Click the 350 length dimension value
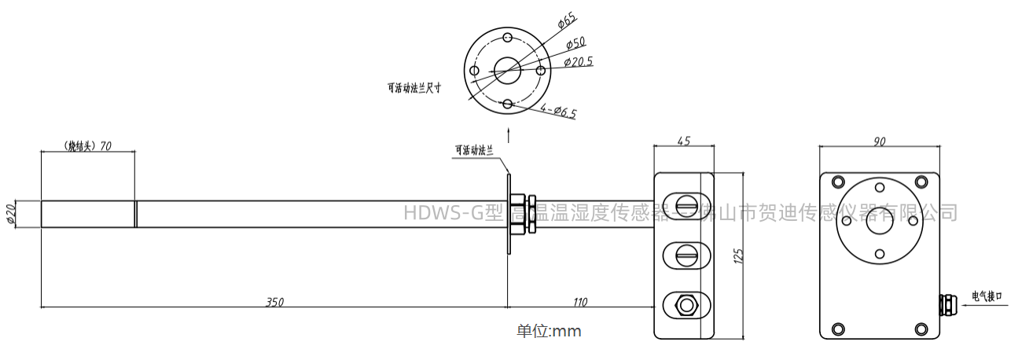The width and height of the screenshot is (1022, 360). (x=274, y=302)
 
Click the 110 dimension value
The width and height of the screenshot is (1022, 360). (x=580, y=302)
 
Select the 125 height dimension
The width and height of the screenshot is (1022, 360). (x=737, y=255)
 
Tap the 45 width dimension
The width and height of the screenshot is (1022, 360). (x=684, y=141)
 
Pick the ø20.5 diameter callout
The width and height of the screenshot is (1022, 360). (x=579, y=61)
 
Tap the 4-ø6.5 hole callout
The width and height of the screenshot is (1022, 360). (x=559, y=112)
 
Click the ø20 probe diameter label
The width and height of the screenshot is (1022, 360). (x=11, y=214)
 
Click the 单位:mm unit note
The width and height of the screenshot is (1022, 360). (x=549, y=332)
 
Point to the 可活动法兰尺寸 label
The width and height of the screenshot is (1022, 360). (x=414, y=89)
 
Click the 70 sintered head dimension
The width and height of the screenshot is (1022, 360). (x=86, y=146)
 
